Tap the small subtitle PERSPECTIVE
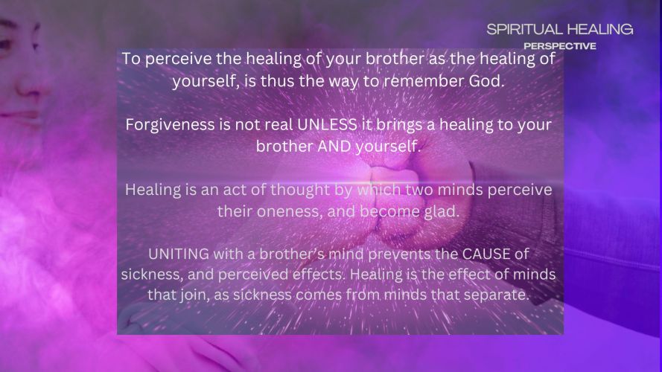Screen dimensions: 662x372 click(560, 46)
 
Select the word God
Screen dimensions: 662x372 click(487, 81)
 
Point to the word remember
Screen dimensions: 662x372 click(424, 81)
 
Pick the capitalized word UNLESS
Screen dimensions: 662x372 click(327, 124)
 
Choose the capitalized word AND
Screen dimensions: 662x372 click(334, 147)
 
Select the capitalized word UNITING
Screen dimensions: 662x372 click(179, 254)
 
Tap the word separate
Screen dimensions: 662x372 click(497, 295)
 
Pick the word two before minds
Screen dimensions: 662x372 click(418, 190)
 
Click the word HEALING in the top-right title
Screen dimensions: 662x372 click(599, 29)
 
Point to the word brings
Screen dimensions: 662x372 click(400, 125)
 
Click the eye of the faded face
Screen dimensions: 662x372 click(5, 43)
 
